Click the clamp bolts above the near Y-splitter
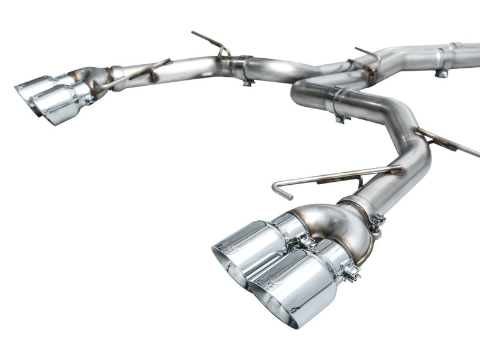[x=377, y=223]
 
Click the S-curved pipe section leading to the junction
[x=282, y=69]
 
